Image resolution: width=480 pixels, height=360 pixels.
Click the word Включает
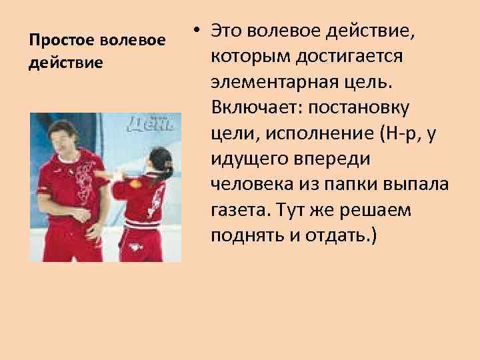[x=248, y=108]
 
